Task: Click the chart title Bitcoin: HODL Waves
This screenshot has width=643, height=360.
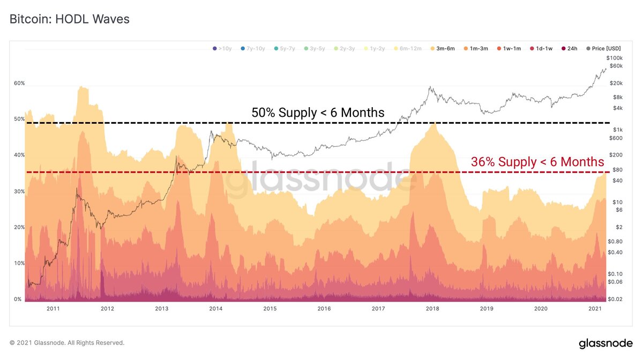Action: click(70, 19)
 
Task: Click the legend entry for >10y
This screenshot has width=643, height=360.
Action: click(222, 49)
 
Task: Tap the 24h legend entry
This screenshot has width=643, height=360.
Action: click(570, 49)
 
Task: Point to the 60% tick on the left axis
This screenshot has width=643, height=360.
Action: click(19, 84)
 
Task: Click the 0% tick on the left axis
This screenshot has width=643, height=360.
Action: click(18, 299)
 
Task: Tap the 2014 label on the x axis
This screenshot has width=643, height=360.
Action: click(216, 309)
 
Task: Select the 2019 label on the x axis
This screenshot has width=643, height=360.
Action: click(487, 309)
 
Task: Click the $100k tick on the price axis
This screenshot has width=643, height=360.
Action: click(615, 58)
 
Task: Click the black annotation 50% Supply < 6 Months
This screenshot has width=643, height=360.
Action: click(318, 113)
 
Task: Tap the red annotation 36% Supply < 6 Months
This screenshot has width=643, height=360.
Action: click(537, 162)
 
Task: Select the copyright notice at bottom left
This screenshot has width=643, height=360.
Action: click(67, 343)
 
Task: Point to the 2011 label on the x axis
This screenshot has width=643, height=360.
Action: click(53, 309)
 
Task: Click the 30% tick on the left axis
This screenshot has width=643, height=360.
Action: click(19, 191)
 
